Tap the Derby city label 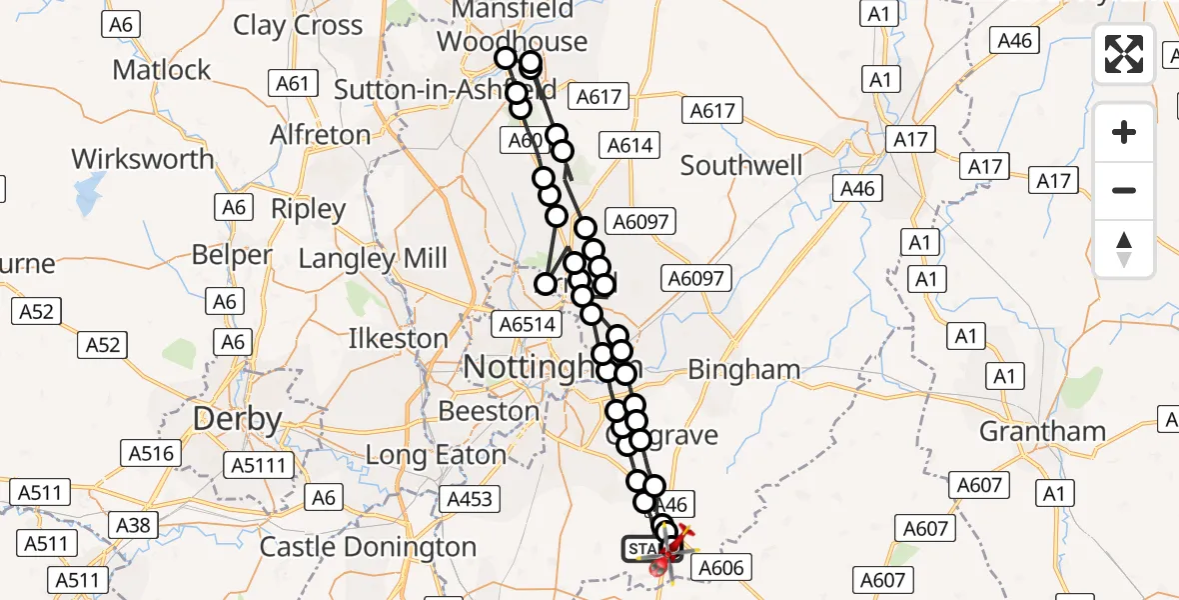click(x=237, y=419)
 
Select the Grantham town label click(x=1042, y=431)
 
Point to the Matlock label click(x=162, y=70)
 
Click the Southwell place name click(x=740, y=165)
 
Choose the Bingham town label click(x=744, y=370)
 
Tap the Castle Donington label click(x=368, y=547)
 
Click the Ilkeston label click(x=398, y=338)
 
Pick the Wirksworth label click(x=143, y=158)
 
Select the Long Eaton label click(x=436, y=455)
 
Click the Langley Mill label click(x=373, y=259)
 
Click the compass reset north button click(x=1124, y=249)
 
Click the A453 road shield click(x=471, y=497)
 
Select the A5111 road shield click(x=261, y=464)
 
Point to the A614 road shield click(x=630, y=146)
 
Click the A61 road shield click(x=293, y=83)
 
